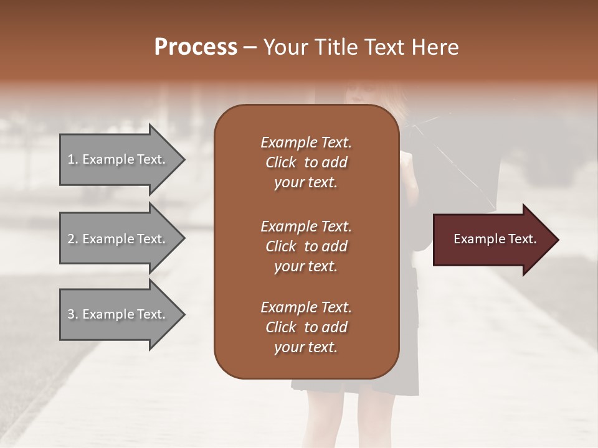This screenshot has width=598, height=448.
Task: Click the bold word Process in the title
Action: tap(196, 47)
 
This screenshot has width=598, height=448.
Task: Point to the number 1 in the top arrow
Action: tap(71, 159)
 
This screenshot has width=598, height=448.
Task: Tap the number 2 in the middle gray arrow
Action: tap(71, 239)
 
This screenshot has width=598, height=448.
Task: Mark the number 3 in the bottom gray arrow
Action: tap(71, 314)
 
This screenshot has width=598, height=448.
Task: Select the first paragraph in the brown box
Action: tap(306, 162)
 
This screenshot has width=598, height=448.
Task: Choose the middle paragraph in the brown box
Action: tap(306, 246)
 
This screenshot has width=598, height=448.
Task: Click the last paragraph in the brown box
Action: tap(306, 327)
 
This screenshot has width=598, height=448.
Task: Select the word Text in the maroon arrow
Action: tap(521, 239)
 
